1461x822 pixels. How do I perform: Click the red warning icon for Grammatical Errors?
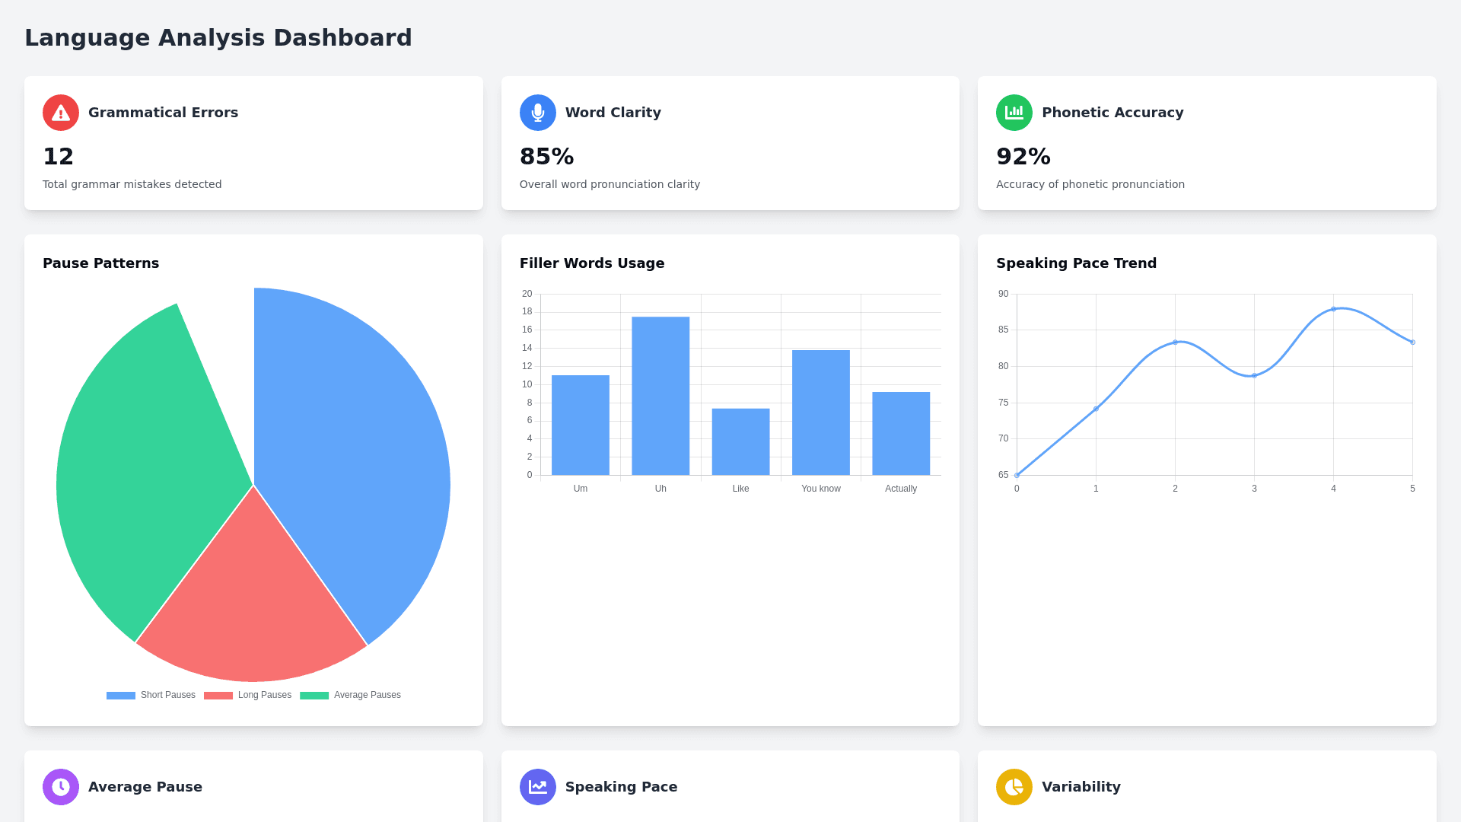[x=61, y=113]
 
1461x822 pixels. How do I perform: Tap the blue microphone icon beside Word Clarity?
[x=537, y=113]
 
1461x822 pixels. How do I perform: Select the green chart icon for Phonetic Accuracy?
[x=1014, y=113]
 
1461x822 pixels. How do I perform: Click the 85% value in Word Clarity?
[x=546, y=157]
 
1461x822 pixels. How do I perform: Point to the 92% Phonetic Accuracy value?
[x=1023, y=157]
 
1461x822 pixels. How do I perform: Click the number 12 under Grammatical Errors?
[x=58, y=157]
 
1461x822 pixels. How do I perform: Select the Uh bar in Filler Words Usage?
[x=660, y=396]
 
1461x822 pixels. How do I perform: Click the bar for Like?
[x=740, y=441]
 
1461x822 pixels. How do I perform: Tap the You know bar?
[x=820, y=413]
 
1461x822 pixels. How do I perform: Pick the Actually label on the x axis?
[x=900, y=489]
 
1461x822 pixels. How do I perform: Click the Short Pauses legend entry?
[x=151, y=695]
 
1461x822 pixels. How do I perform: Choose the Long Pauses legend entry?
[x=248, y=695]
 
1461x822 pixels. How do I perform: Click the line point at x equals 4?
[x=1333, y=309]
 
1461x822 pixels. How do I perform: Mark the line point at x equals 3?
[x=1254, y=375]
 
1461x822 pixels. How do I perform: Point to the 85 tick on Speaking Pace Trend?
[x=1003, y=330]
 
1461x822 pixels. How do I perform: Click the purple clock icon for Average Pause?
[x=61, y=786]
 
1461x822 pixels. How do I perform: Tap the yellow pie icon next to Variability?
[x=1014, y=786]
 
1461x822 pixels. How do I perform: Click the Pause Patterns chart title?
[x=100, y=263]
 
